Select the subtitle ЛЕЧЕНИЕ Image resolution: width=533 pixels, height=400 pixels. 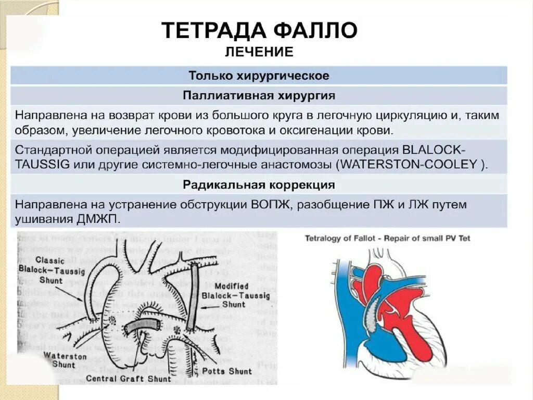pyautogui.click(x=259, y=52)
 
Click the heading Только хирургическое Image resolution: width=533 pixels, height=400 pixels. pyautogui.click(x=259, y=76)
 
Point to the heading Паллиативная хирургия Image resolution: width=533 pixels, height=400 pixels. pyautogui.click(x=259, y=96)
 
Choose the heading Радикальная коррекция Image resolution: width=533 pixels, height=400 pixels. pyautogui.click(x=259, y=185)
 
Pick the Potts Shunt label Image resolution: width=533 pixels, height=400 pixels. pyautogui.click(x=226, y=371)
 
